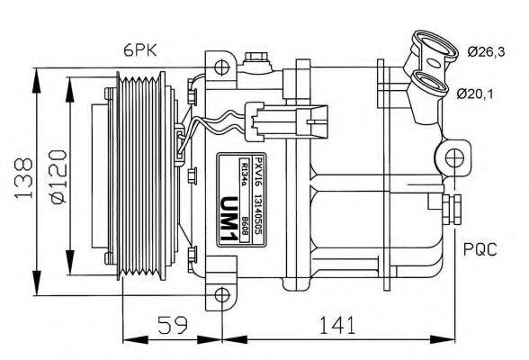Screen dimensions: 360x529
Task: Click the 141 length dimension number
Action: (x=334, y=322)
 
